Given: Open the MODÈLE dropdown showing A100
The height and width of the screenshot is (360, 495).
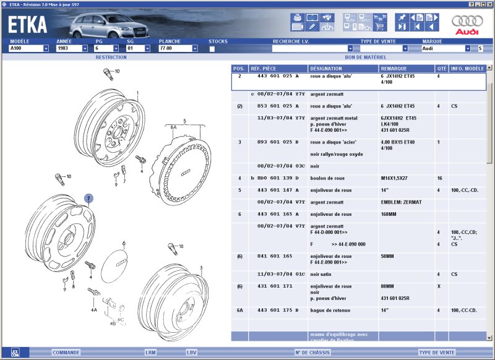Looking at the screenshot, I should [x=29, y=48].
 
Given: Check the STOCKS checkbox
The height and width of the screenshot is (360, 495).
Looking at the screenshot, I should [x=212, y=48].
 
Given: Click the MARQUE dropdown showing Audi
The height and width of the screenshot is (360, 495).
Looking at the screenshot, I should [x=445, y=48].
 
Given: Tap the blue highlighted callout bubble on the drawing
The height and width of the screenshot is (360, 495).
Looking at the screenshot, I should [x=88, y=199].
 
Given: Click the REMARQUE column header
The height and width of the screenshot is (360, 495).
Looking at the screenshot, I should [x=394, y=69].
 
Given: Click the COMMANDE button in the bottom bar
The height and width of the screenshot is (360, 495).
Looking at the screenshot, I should [x=66, y=353].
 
